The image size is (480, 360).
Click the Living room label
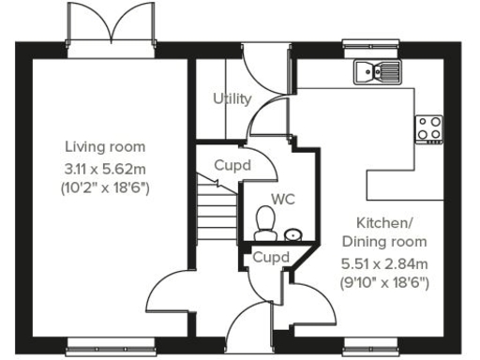105,147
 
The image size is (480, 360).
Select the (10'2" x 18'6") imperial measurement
105,188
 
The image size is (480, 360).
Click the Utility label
232,98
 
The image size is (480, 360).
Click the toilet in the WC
265,221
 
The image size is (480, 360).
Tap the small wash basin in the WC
293,232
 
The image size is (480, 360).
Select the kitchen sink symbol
377,70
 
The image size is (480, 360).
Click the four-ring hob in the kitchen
429,128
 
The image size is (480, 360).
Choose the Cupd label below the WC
270,256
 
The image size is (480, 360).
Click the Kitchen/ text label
383,222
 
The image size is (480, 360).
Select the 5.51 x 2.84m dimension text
383,263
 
